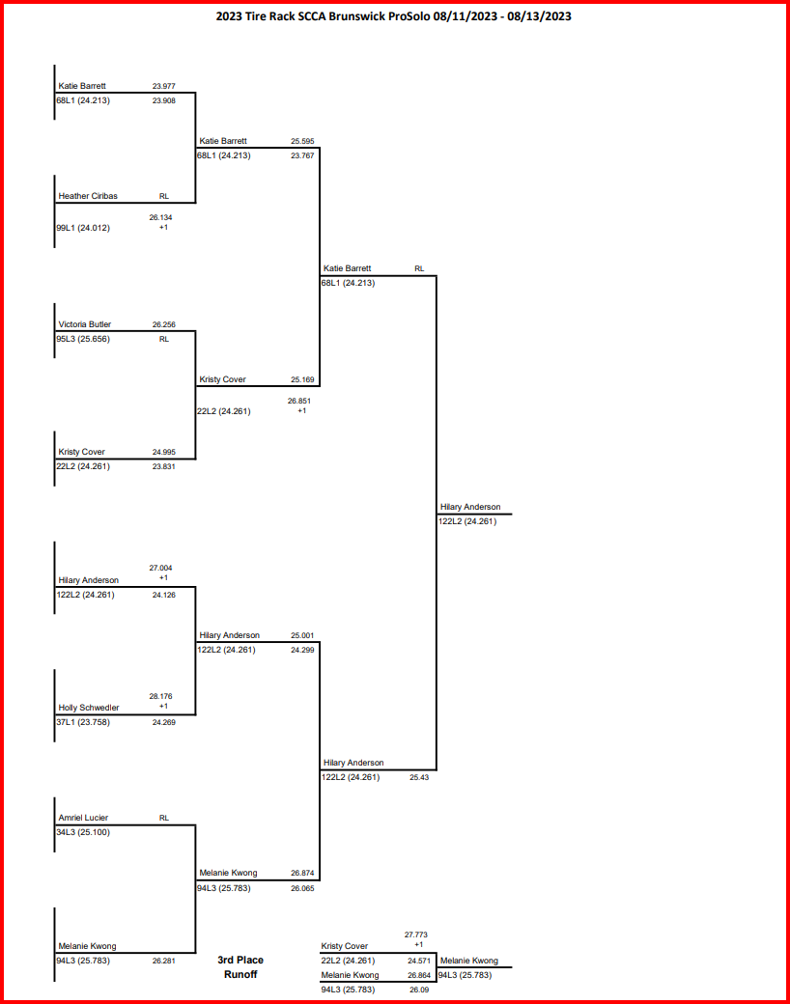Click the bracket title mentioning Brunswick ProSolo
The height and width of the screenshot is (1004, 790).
point(394,16)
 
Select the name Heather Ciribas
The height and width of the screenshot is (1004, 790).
point(88,196)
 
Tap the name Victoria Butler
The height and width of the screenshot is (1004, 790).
point(85,324)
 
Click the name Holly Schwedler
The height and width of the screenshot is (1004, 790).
point(89,708)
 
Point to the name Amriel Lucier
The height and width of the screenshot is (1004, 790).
point(83,818)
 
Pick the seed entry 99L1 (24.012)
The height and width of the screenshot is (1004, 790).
point(83,228)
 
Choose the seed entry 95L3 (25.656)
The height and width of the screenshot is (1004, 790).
point(84,339)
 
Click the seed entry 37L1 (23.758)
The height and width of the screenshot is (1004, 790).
point(83,722)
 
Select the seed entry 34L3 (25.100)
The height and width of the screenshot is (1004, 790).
point(83,832)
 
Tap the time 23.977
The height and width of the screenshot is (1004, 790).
point(163,86)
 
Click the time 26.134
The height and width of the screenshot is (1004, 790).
point(160,217)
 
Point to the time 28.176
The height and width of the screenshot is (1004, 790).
point(160,695)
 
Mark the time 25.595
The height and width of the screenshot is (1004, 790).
point(302,141)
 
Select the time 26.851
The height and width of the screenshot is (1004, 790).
point(298,401)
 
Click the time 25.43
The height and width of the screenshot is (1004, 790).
point(419,777)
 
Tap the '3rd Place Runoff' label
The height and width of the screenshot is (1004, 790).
point(240,967)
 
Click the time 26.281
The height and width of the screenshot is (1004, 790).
point(163,962)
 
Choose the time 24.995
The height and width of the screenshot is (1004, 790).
point(163,452)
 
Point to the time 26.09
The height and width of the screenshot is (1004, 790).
point(419,990)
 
